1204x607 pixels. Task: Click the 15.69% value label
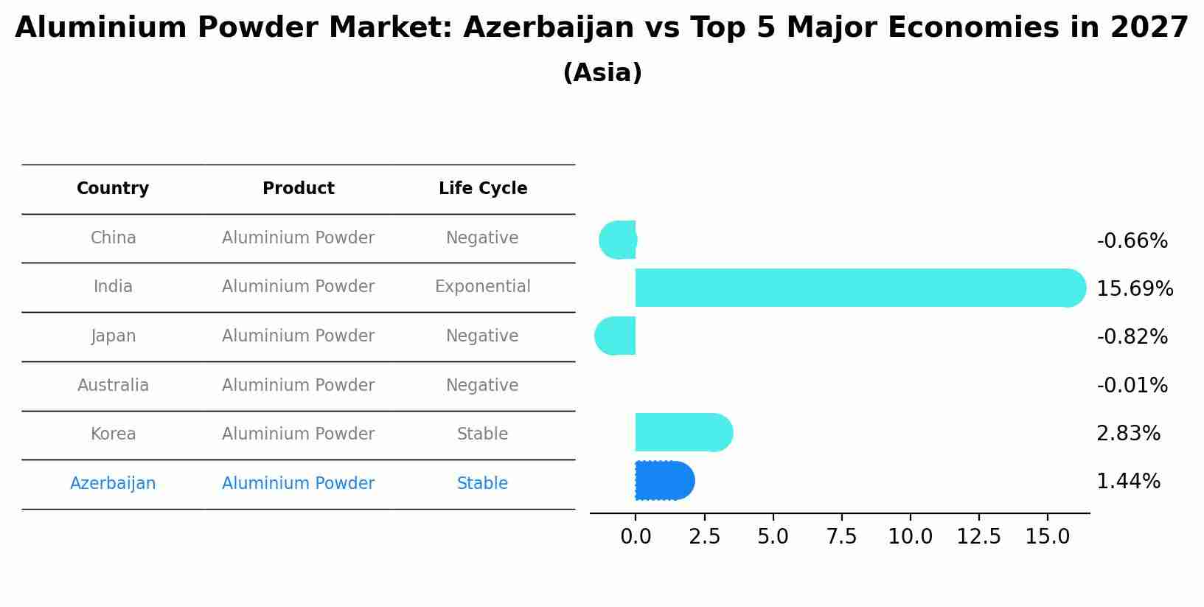tap(1134, 288)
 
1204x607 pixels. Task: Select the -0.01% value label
tap(1132, 385)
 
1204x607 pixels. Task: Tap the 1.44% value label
tap(1128, 482)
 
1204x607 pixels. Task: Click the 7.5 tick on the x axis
tap(841, 537)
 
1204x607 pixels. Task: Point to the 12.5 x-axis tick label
tap(978, 537)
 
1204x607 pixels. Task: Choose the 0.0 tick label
tap(636, 537)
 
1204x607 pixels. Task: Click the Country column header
tap(113, 189)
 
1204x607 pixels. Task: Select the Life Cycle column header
tap(483, 189)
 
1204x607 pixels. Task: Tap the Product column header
tap(298, 189)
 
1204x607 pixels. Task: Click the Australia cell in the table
tap(113, 385)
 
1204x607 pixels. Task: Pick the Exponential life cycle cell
tap(482, 287)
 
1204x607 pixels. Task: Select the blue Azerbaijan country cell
tap(113, 483)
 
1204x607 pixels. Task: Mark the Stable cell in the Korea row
tap(482, 434)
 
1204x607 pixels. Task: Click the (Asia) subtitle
tap(602, 73)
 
